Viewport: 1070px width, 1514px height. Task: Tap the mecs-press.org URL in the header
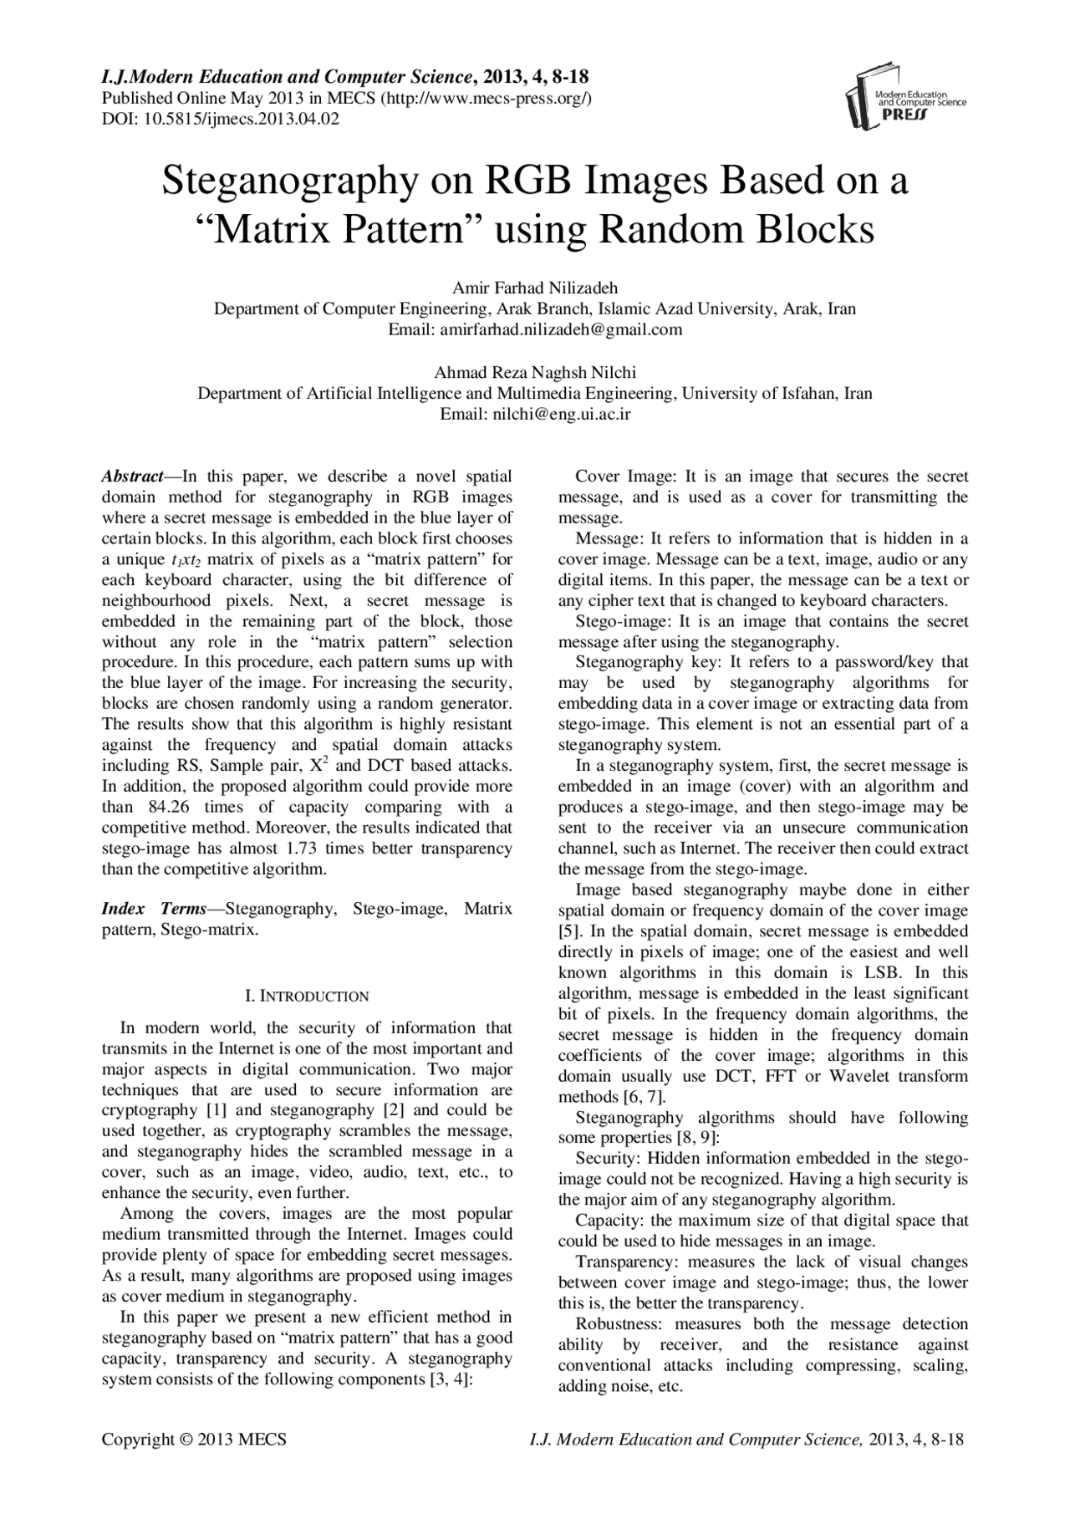click(x=488, y=98)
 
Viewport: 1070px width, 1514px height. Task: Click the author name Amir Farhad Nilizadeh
click(x=535, y=288)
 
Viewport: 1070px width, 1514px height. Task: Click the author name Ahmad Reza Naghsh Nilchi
click(x=535, y=373)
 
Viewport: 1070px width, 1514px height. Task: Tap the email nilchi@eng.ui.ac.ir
click(x=561, y=414)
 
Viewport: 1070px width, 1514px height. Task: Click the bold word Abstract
click(x=132, y=477)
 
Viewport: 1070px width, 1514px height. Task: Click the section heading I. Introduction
click(x=306, y=996)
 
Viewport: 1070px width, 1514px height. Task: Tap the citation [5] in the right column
click(x=567, y=930)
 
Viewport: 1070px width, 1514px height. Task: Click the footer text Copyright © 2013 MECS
click(x=194, y=1439)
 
